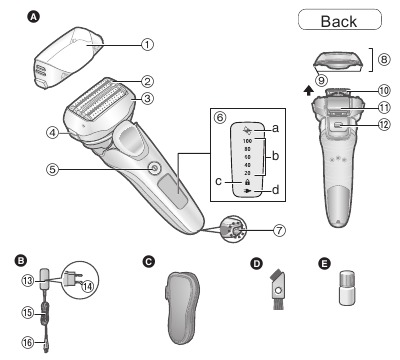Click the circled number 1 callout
pyautogui.click(x=147, y=44)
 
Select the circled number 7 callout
pyautogui.click(x=279, y=229)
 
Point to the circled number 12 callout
pyautogui.click(x=385, y=125)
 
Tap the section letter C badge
pyautogui.click(x=149, y=262)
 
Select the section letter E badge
pyautogui.click(x=325, y=262)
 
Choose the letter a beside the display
pyautogui.click(x=275, y=130)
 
